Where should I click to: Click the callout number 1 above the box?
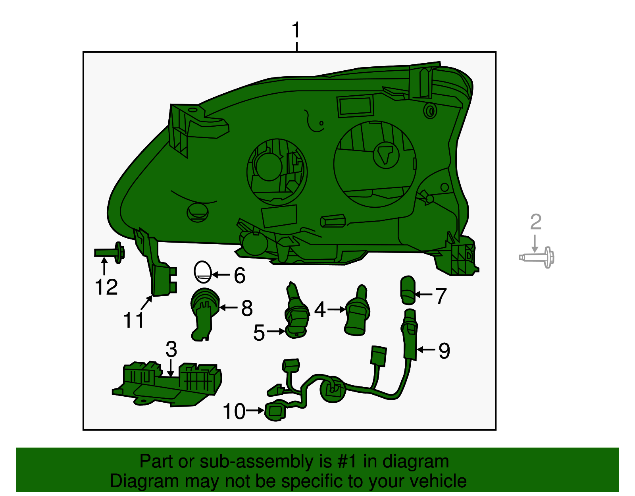pyautogui.click(x=296, y=31)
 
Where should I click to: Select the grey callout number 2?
pyautogui.click(x=536, y=222)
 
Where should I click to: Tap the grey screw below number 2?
pyautogui.click(x=537, y=257)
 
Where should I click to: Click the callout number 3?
pyautogui.click(x=171, y=349)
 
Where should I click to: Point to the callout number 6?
pyautogui.click(x=239, y=275)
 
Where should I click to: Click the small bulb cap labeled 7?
pyautogui.click(x=408, y=290)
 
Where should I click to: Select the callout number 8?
pyautogui.click(x=247, y=308)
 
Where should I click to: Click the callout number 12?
pyautogui.click(x=106, y=287)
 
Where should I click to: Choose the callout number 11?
pyautogui.click(x=134, y=320)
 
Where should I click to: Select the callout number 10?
pyautogui.click(x=234, y=411)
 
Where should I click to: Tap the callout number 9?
pyautogui.click(x=444, y=351)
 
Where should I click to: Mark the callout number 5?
pyautogui.click(x=259, y=333)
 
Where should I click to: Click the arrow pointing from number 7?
pyautogui.click(x=424, y=295)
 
